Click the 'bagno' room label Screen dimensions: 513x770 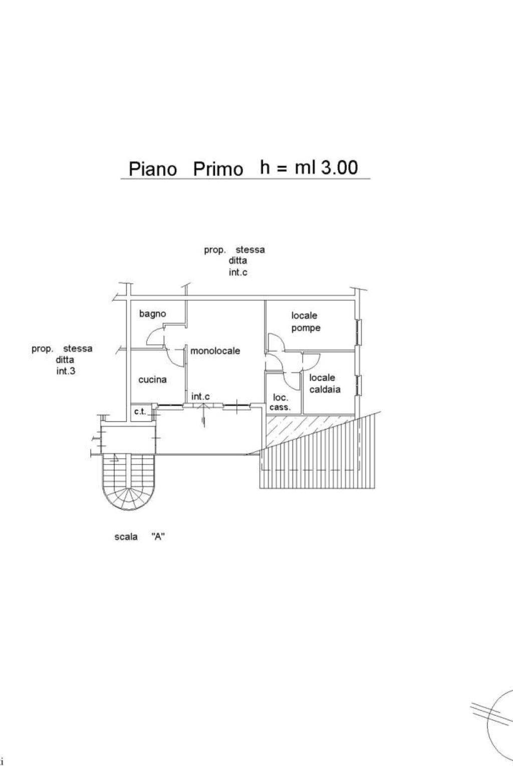click(153, 314)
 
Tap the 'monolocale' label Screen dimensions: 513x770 click(215, 351)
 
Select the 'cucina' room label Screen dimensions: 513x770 click(153, 379)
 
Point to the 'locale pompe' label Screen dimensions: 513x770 click(306, 321)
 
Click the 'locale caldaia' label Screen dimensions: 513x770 click(325, 383)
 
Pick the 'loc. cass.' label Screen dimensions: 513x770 click(280, 403)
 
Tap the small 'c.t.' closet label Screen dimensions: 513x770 click(140, 412)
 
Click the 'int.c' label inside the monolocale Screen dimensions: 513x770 click(200, 397)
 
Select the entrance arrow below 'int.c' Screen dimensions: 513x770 click(204, 416)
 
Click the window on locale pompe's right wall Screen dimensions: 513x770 click(359, 332)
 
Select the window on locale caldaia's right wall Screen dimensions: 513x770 click(359, 385)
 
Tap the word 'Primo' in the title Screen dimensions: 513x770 click(218, 169)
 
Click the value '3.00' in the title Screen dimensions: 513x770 click(339, 167)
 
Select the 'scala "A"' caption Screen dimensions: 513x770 click(139, 536)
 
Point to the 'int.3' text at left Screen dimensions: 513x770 click(66, 371)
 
